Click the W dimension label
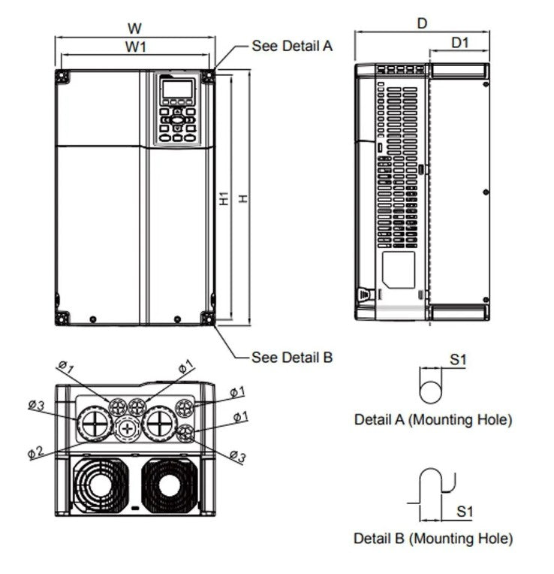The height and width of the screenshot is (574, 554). (x=134, y=29)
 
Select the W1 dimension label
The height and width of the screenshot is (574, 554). (x=135, y=47)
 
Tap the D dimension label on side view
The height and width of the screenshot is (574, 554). (x=422, y=23)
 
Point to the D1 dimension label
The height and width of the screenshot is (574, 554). (x=459, y=43)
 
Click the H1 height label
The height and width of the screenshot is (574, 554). (x=224, y=198)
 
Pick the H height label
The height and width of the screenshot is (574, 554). (x=243, y=198)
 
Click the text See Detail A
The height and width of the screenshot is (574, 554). (x=292, y=46)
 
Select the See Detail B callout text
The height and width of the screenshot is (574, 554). (x=292, y=358)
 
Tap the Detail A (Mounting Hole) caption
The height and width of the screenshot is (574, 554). (x=433, y=420)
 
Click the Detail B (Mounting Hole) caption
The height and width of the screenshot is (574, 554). (x=433, y=538)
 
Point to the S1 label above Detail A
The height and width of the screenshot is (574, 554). (x=458, y=360)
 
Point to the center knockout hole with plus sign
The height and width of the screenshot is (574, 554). (x=128, y=428)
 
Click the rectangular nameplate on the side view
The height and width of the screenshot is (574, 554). (x=398, y=267)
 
